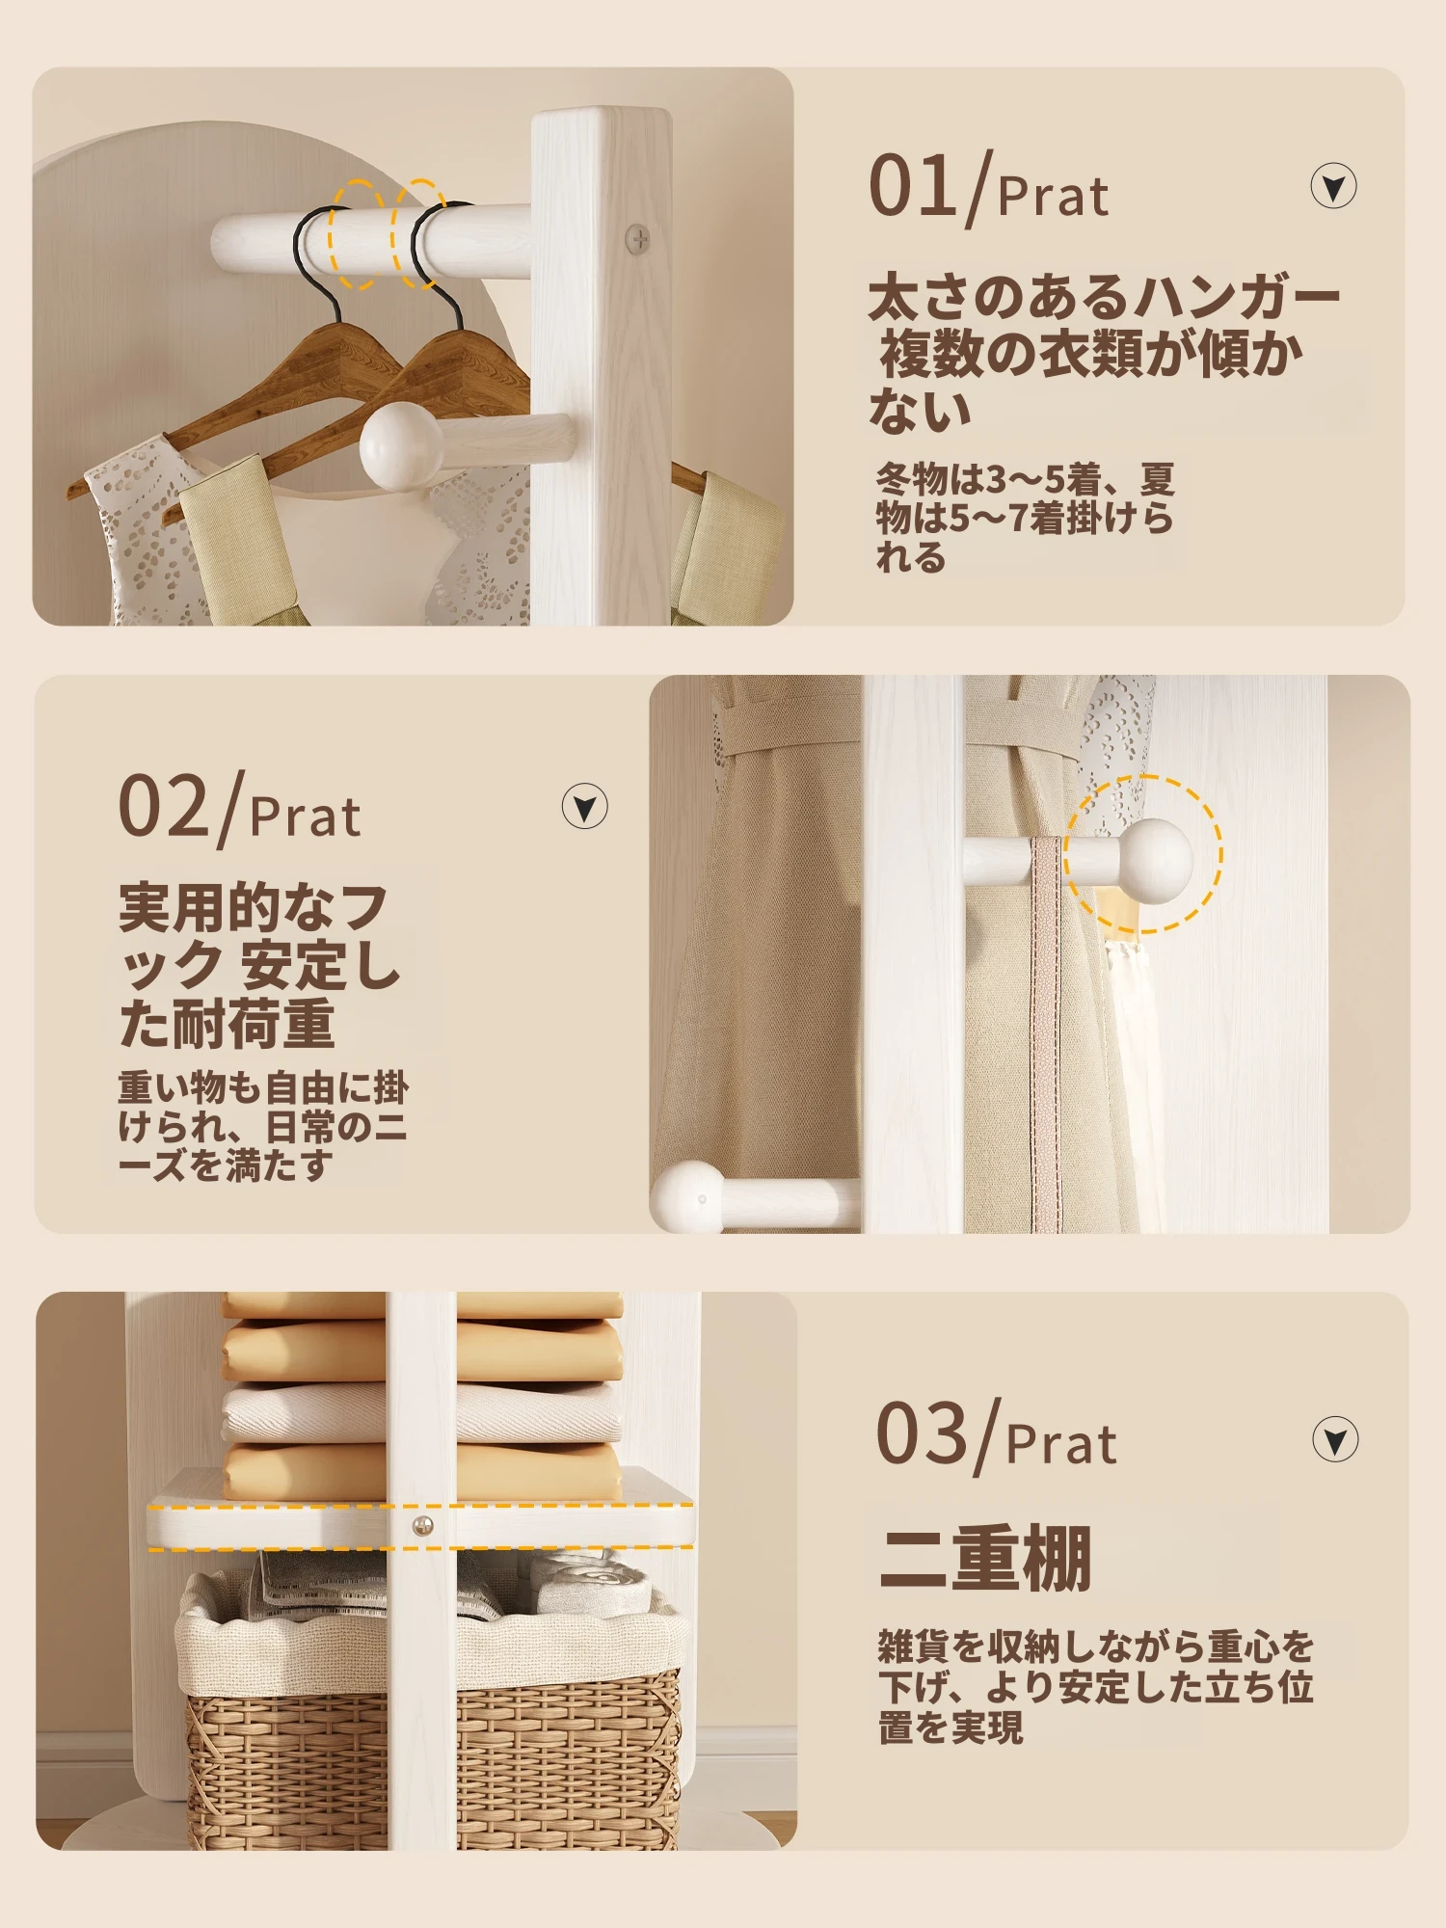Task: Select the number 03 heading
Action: click(x=921, y=1433)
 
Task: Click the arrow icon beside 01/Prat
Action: click(x=1333, y=186)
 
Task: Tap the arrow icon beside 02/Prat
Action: click(x=584, y=806)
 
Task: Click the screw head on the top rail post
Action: click(x=638, y=238)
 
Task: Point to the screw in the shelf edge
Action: click(x=422, y=1526)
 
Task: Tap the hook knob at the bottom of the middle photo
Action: click(x=686, y=1196)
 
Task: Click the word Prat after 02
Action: click(x=305, y=817)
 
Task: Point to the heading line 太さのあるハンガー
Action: click(x=1105, y=296)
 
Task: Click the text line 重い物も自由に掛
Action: click(x=263, y=1087)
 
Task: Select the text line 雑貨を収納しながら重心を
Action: click(x=1095, y=1646)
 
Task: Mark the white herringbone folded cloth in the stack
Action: click(x=422, y=1413)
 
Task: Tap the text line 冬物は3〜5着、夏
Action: click(x=1025, y=479)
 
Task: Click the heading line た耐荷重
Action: click(x=227, y=1024)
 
